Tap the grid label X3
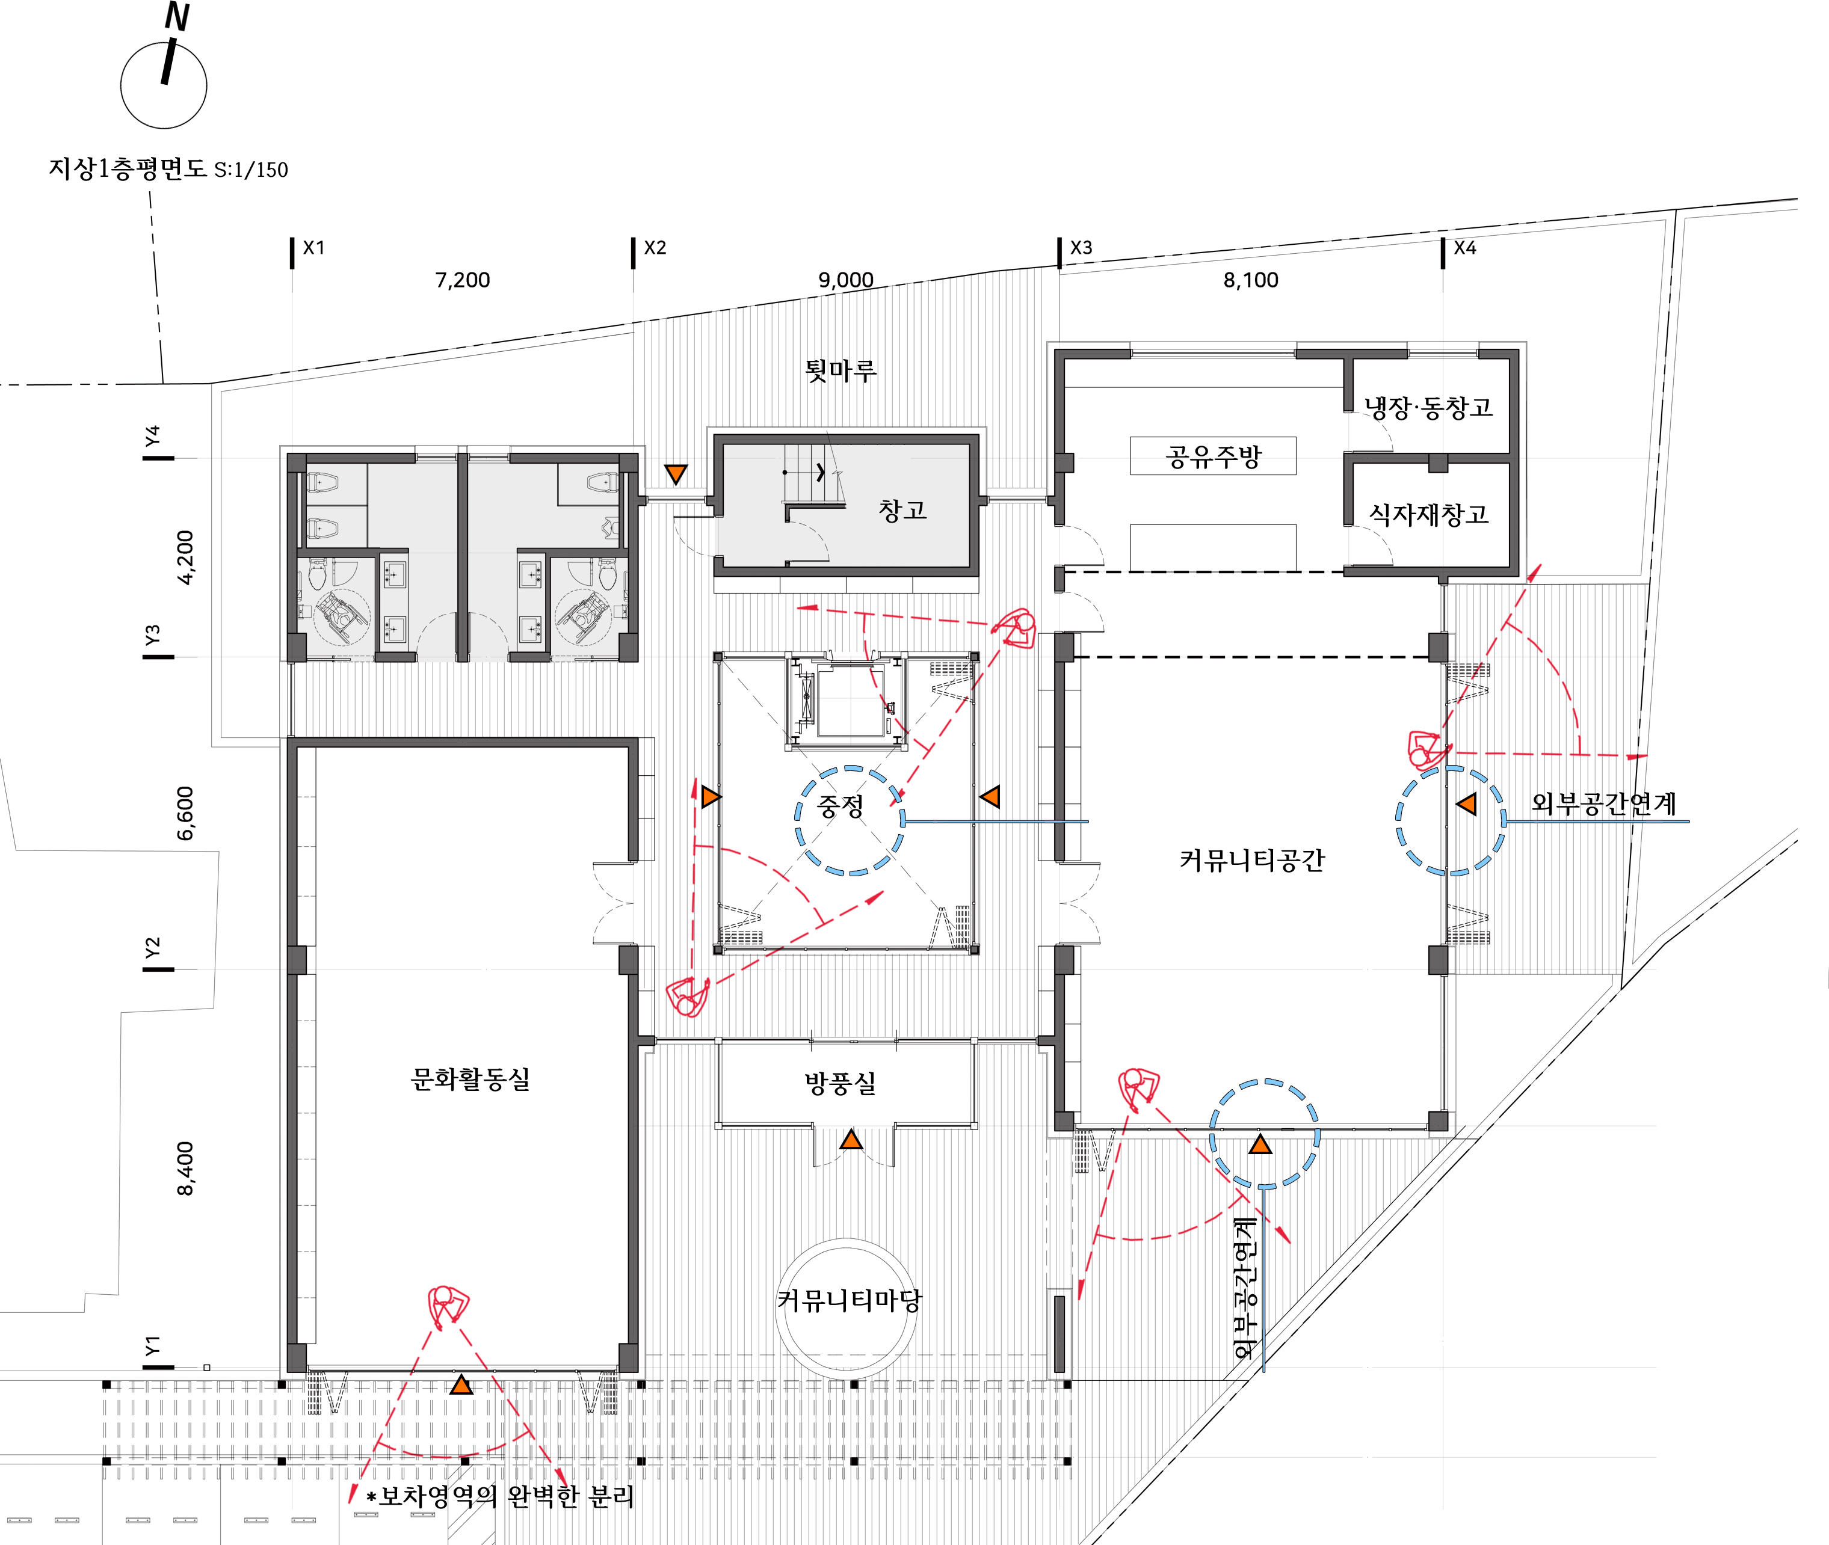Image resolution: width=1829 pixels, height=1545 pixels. click(1081, 248)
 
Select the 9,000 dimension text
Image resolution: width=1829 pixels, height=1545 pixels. click(845, 280)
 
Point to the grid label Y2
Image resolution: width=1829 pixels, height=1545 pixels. click(152, 948)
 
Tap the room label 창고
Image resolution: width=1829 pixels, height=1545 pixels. click(902, 510)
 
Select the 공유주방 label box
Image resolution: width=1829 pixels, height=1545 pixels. click(1213, 455)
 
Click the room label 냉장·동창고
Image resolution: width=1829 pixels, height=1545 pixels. click(1428, 407)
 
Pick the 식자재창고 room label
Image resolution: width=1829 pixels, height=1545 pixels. click(1429, 514)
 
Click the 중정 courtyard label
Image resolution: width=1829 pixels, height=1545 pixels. click(841, 806)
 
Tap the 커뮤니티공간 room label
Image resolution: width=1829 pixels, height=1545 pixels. click(1252, 860)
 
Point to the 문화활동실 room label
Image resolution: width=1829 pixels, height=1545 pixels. click(470, 1079)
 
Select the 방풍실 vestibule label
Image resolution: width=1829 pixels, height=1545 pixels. click(840, 1084)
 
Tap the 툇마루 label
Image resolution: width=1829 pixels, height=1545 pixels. click(840, 370)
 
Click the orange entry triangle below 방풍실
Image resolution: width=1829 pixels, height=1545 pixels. click(851, 1140)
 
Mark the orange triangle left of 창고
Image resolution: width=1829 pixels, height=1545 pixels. click(676, 474)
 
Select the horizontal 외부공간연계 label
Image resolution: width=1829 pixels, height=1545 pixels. click(1603, 803)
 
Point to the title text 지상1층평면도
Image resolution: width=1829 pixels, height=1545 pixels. click(127, 168)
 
